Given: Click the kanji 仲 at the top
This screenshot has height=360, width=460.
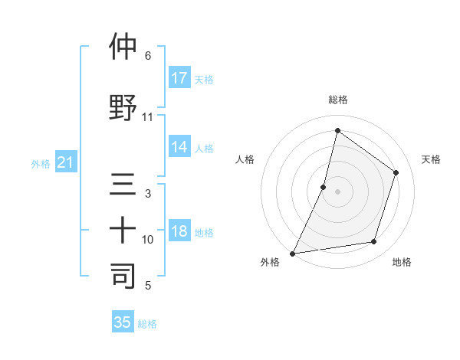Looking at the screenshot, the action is point(123,47).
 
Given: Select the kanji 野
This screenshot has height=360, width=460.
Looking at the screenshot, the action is point(123,106).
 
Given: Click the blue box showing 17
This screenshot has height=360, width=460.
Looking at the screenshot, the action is point(179,78).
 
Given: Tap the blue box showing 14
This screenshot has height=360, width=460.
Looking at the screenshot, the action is point(179,147).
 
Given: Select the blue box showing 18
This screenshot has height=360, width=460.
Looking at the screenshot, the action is point(179,232).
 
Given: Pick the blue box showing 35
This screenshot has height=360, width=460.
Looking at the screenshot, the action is point(123,322).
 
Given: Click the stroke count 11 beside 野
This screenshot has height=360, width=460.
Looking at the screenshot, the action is point(148,117).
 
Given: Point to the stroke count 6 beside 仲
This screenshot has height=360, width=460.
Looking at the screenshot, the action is point(148,56).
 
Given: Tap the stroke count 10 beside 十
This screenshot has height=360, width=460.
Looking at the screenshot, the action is point(148,240).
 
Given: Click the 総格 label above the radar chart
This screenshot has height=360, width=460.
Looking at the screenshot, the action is point(337,100).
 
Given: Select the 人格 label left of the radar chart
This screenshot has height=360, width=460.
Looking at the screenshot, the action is point(245,159).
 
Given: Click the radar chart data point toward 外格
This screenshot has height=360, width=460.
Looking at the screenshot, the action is point(292,253).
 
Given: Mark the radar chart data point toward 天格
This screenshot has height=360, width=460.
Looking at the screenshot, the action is point(396,172).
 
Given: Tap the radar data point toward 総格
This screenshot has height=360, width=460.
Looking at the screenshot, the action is point(337,131).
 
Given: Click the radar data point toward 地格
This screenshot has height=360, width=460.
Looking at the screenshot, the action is point(374,242).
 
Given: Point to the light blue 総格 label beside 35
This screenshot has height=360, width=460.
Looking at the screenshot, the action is point(147,324).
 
